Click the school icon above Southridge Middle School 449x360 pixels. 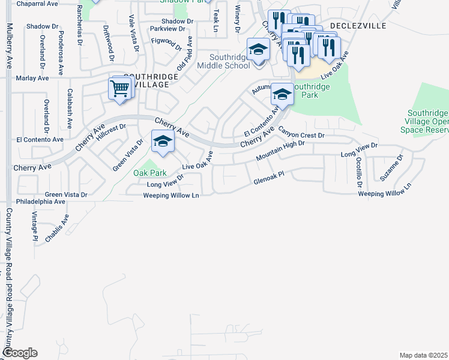[x=258, y=49]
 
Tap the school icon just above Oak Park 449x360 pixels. [x=162, y=142]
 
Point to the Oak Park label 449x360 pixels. [x=149, y=173]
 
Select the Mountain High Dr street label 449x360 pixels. [x=280, y=150]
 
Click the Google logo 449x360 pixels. [x=20, y=353]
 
